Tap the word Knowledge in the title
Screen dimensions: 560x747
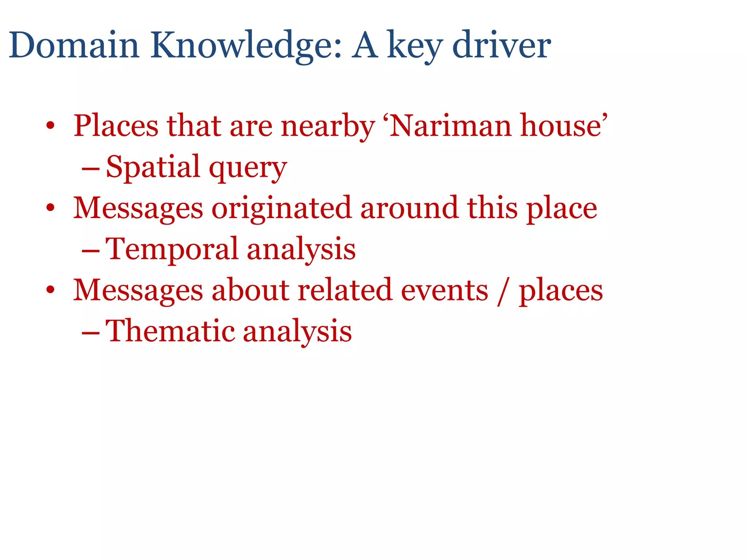[x=246, y=46]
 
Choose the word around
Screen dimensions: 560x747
[x=409, y=208]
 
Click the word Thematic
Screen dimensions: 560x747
[x=170, y=331]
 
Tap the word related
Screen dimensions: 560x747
[x=345, y=290]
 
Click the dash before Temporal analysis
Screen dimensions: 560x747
[x=90, y=251]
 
